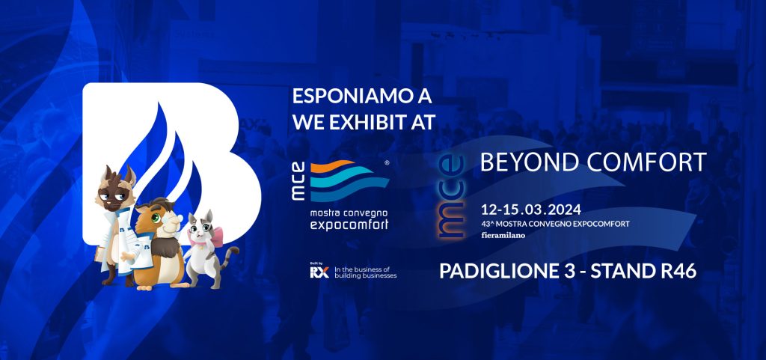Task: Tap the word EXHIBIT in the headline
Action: (365, 122)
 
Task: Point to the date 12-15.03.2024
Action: (531, 210)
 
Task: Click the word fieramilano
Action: (498, 236)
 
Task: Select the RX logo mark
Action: (319, 272)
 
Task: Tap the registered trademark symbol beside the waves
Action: (387, 162)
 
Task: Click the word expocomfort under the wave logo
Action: (349, 225)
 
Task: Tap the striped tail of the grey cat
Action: (229, 258)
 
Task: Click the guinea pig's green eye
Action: (156, 218)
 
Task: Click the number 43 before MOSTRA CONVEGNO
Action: (485, 224)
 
